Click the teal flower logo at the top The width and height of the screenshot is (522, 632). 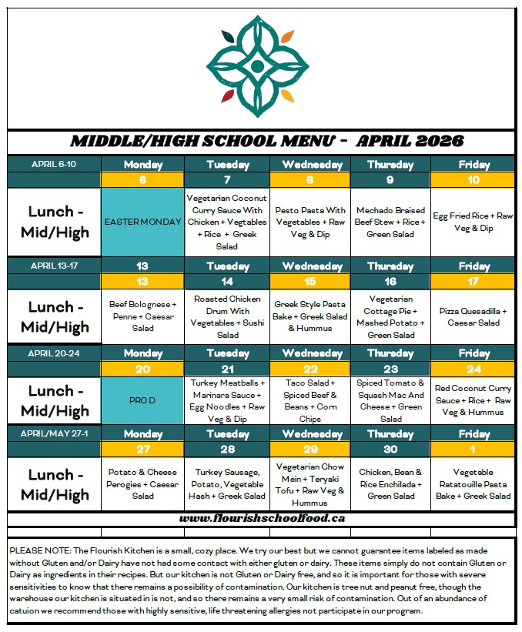(257, 67)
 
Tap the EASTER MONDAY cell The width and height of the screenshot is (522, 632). (143, 222)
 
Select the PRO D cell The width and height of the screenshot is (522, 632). (143, 400)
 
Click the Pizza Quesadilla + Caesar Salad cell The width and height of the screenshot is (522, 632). (473, 316)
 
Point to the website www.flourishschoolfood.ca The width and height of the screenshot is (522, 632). (261, 517)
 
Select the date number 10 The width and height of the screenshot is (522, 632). (473, 179)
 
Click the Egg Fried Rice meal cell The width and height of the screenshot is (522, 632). (473, 222)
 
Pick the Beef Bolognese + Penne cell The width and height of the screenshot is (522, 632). (143, 316)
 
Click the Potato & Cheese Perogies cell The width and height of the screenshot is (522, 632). (143, 483)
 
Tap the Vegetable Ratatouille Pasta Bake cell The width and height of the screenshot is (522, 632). (473, 483)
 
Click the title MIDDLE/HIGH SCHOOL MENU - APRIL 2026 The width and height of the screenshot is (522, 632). (261, 142)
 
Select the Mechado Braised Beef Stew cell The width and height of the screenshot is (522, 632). (390, 222)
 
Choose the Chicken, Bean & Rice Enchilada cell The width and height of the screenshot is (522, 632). (390, 483)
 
